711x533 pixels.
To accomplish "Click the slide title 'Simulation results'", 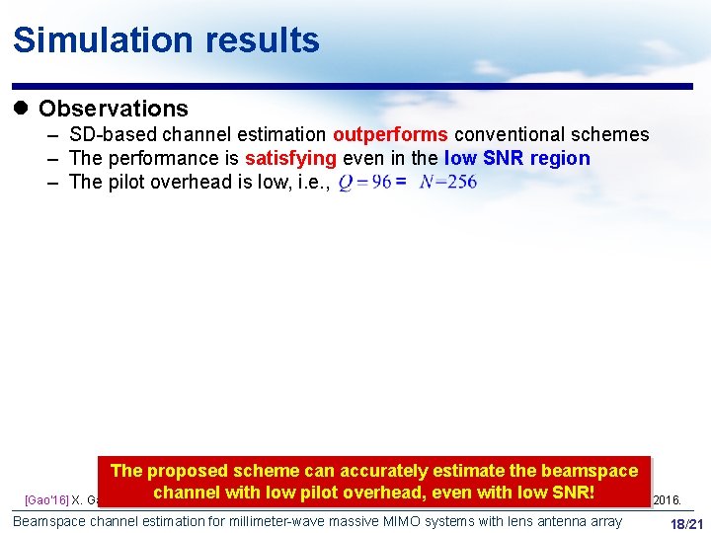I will pyautogui.click(x=166, y=40).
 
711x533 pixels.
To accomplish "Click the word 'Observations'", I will pyautogui.click(x=113, y=109).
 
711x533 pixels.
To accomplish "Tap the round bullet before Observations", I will pyautogui.click(x=23, y=109).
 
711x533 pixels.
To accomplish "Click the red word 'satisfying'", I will pyautogui.click(x=291, y=158).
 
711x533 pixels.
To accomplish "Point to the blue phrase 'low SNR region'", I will pyautogui.click(x=516, y=158).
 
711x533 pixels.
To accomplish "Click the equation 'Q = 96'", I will pyautogui.click(x=363, y=183).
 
